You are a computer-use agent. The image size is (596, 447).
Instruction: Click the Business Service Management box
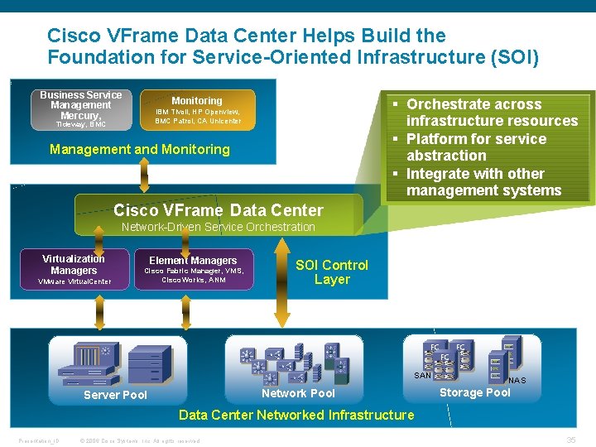[x=80, y=109]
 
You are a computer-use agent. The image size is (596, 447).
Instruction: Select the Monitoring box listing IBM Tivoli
[x=197, y=110]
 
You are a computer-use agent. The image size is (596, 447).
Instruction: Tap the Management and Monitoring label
[x=140, y=150]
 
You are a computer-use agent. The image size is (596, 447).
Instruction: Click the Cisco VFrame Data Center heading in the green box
[x=219, y=210]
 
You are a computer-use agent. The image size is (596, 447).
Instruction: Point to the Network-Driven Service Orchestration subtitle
[x=219, y=227]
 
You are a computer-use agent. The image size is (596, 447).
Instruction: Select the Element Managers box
[x=193, y=270]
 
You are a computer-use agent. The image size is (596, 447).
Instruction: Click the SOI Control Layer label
[x=332, y=272]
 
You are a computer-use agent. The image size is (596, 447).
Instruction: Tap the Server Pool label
[x=116, y=395]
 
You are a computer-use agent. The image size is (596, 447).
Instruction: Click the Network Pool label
[x=298, y=393]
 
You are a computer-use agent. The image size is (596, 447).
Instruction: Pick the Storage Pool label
[x=475, y=392]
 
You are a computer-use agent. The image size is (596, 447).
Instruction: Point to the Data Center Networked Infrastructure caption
[x=296, y=415]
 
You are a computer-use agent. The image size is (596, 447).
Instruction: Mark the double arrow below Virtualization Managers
[x=100, y=314]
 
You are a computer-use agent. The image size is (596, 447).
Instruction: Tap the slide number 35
[x=570, y=440]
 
